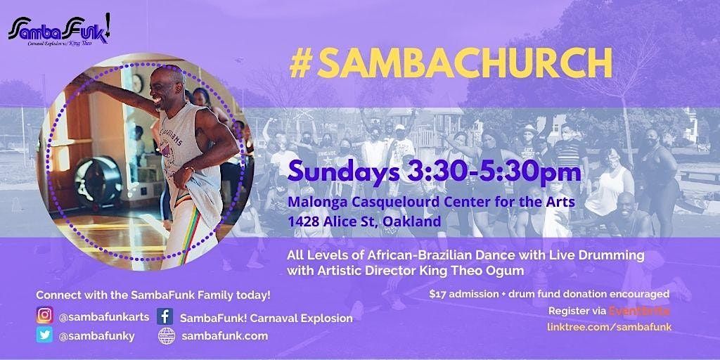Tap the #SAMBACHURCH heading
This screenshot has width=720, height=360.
[450, 63]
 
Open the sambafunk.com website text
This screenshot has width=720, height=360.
[216, 336]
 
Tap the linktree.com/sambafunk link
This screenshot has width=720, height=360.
[609, 328]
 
